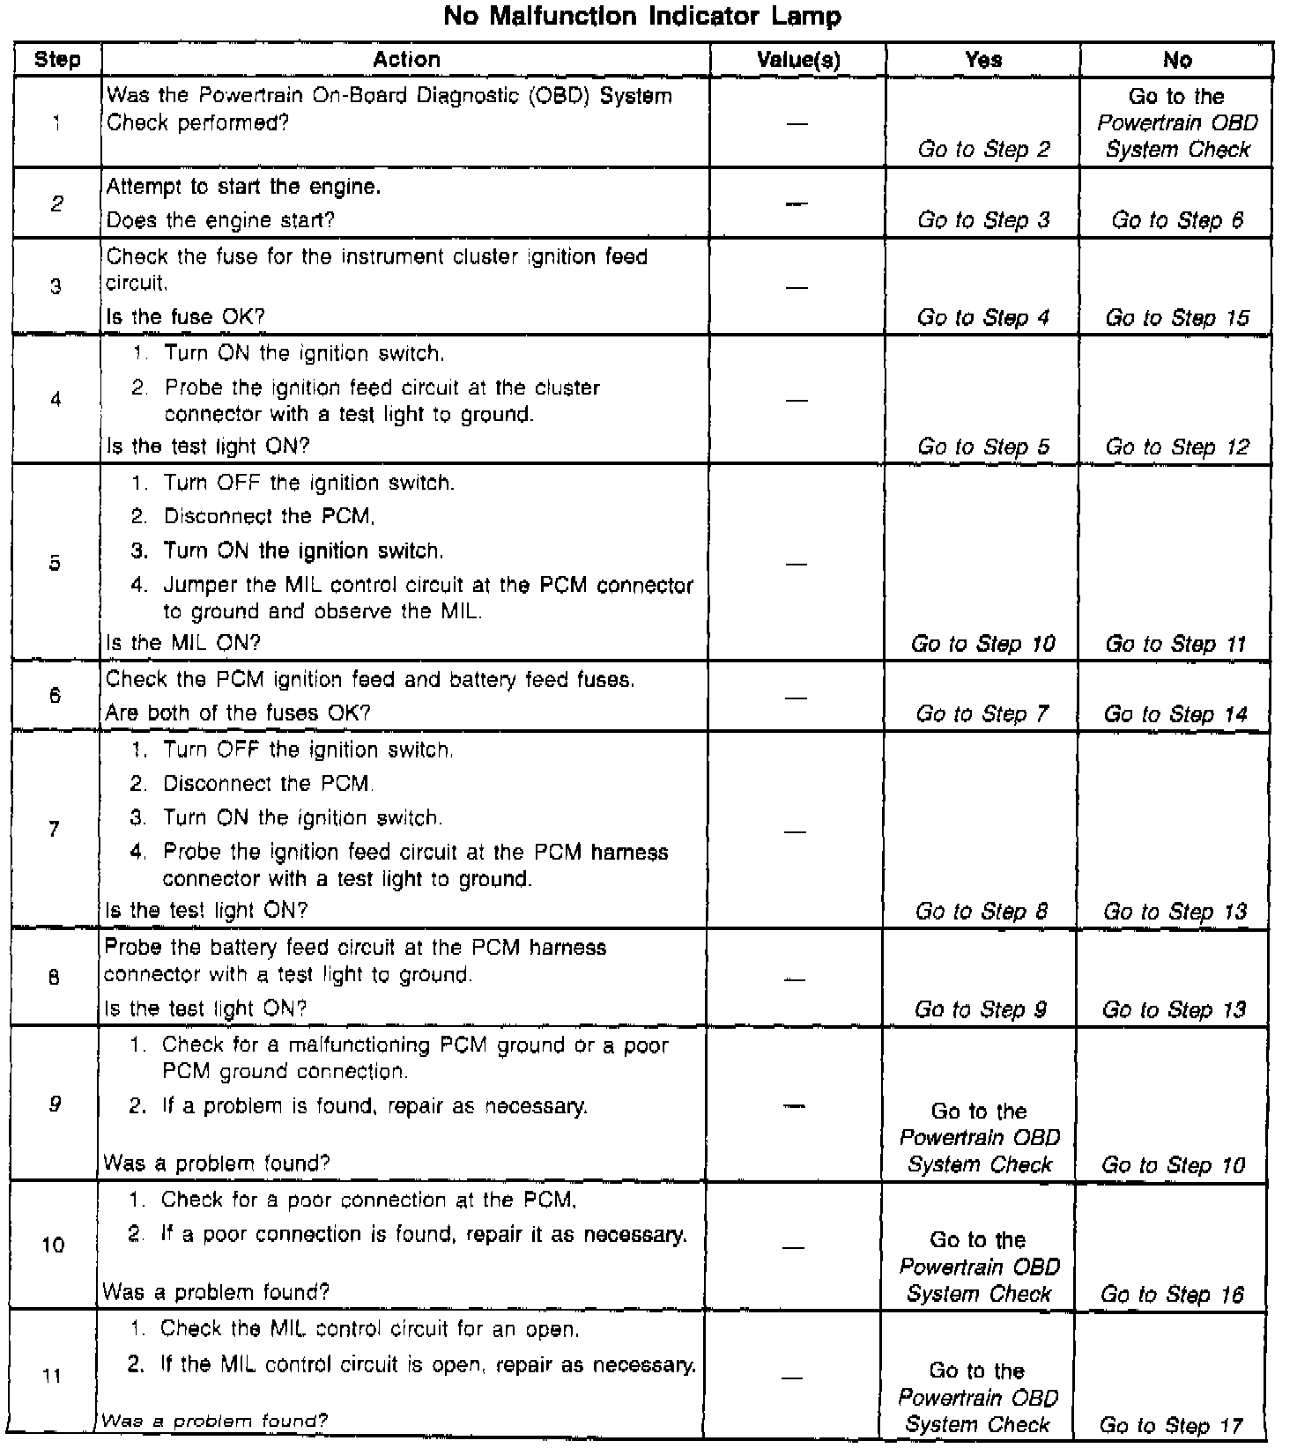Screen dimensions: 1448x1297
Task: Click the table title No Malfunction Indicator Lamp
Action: [642, 16]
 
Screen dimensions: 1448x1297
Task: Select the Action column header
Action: [406, 60]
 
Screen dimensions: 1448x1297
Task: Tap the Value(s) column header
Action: [798, 60]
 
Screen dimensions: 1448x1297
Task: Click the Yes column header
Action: [983, 60]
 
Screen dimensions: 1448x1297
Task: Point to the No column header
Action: [1177, 60]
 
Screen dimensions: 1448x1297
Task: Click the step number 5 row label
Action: [56, 563]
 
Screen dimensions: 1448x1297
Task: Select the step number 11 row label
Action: [53, 1375]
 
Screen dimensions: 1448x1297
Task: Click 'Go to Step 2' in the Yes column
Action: [983, 149]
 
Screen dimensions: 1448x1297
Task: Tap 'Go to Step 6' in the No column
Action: [1177, 219]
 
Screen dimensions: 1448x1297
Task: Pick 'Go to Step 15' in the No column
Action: [1177, 317]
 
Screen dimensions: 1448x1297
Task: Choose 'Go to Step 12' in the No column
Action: [1177, 447]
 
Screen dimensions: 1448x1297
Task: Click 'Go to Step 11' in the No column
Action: [1176, 644]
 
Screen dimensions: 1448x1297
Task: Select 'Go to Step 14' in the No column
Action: [1176, 713]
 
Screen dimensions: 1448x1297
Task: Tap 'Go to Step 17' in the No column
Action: [1171, 1425]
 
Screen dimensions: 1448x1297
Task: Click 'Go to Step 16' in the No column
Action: [1173, 1294]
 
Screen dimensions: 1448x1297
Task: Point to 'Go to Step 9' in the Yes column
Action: [981, 1009]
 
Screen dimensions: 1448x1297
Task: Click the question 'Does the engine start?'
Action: [220, 219]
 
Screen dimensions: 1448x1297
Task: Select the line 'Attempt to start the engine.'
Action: [243, 187]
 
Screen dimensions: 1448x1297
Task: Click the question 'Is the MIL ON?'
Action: [183, 643]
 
